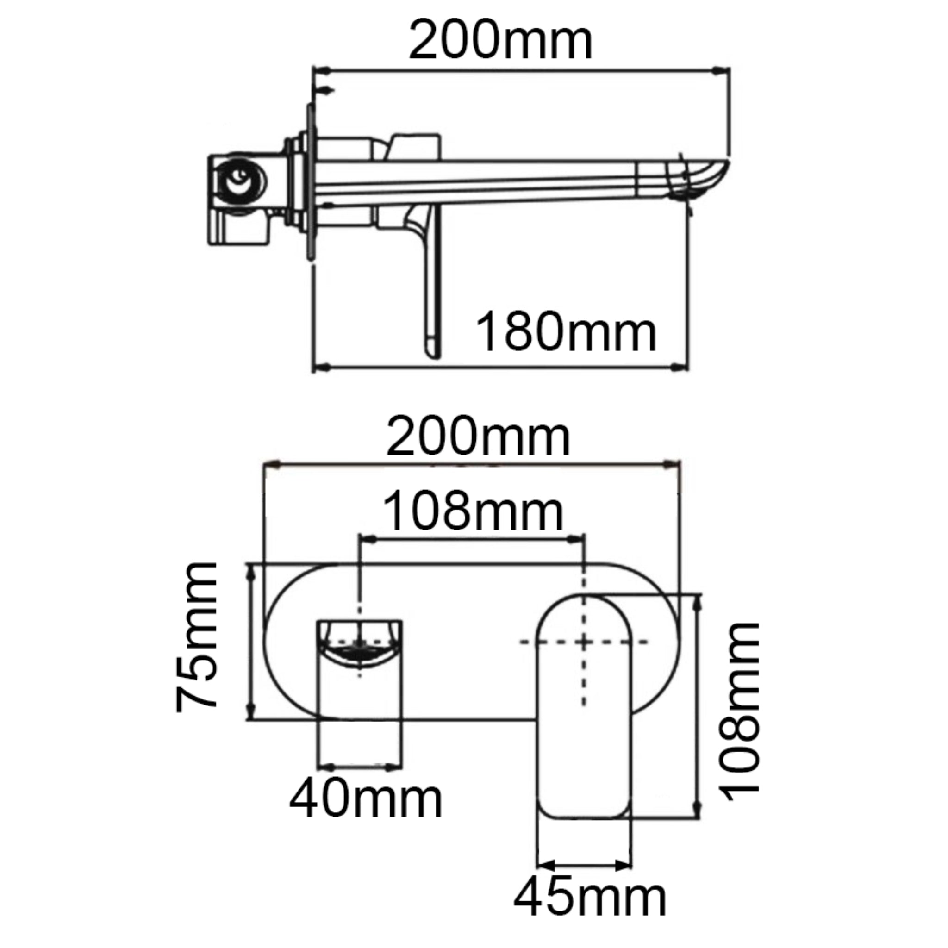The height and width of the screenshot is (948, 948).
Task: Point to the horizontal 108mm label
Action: pyautogui.click(x=473, y=513)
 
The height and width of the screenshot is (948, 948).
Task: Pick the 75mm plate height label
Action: pyautogui.click(x=196, y=637)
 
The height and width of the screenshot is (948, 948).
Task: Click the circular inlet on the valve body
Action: pyautogui.click(x=239, y=180)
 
